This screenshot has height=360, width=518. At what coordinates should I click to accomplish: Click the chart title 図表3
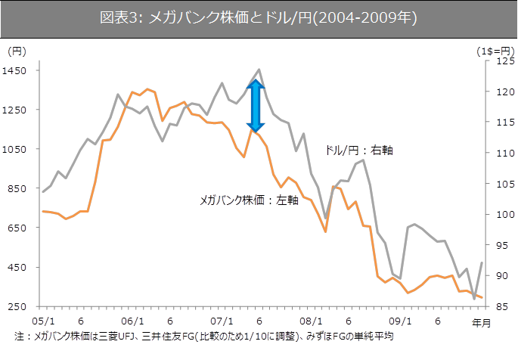[259, 17]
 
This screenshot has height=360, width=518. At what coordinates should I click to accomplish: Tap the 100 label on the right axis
[497, 215]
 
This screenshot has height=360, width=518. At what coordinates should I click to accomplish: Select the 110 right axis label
[497, 154]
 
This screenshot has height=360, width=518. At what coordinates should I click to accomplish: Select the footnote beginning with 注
[204, 334]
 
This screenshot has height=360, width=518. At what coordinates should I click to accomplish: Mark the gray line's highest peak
[259, 70]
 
